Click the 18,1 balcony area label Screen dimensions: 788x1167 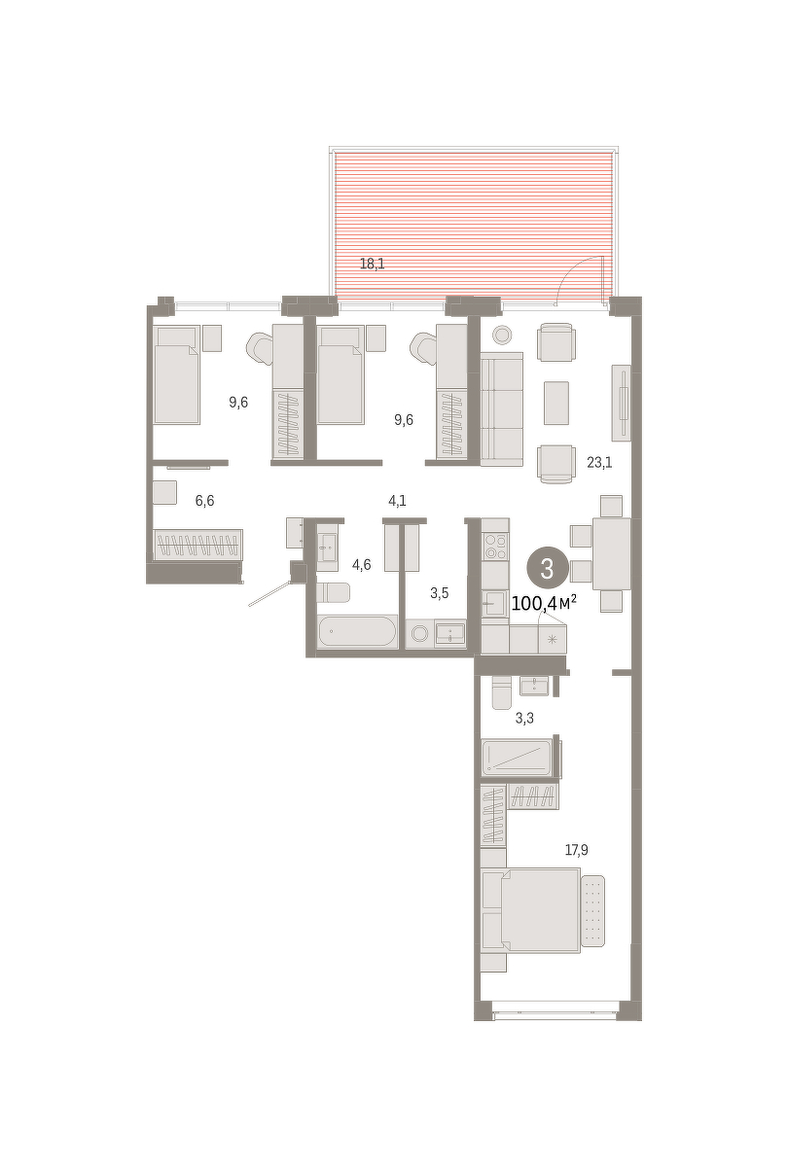372,265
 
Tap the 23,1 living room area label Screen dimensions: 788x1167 599,462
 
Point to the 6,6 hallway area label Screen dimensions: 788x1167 205,501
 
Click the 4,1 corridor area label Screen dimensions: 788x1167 397,501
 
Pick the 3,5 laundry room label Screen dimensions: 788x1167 440,593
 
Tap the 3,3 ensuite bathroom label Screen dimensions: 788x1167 524,719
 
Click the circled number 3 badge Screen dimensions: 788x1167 547,568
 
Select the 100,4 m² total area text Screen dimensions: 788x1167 544,604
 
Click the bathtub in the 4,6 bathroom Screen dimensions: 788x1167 358,632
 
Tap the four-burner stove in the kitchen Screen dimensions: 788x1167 495,546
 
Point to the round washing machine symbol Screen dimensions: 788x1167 419,634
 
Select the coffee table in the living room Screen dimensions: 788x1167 556,403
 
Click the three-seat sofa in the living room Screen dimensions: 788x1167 502,409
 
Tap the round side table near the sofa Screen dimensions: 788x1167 502,335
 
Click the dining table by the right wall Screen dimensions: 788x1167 612,553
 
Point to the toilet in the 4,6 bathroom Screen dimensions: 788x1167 333,592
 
